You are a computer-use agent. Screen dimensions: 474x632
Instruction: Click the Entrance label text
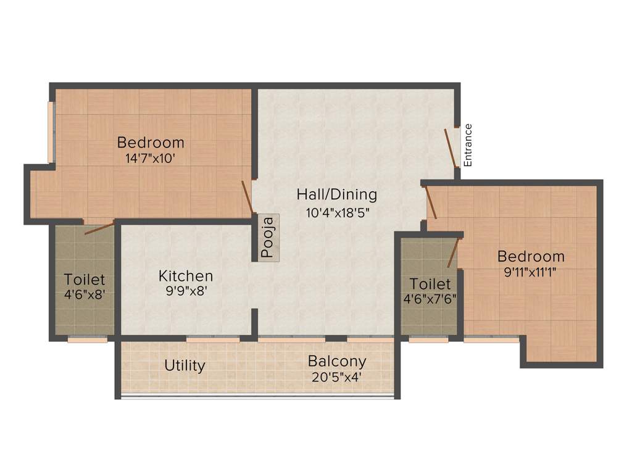468,145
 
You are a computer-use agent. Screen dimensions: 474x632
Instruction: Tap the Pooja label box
268,237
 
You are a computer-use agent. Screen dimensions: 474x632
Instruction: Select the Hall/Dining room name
336,195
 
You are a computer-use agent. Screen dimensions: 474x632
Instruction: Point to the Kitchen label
186,276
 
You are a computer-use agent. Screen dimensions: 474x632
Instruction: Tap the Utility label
185,365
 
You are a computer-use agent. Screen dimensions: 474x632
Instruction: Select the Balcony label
337,361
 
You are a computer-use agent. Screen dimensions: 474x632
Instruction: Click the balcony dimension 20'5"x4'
337,376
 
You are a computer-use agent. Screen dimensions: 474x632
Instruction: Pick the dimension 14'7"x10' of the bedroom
151,158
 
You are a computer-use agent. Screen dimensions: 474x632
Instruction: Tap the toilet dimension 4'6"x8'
85,294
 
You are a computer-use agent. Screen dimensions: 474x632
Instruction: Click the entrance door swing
451,148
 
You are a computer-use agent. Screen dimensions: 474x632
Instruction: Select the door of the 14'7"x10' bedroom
247,197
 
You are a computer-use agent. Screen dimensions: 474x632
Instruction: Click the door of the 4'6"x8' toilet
99,227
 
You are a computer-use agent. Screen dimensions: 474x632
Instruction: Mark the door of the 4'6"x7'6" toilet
454,252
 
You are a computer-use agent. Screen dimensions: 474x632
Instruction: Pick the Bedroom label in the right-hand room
531,256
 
